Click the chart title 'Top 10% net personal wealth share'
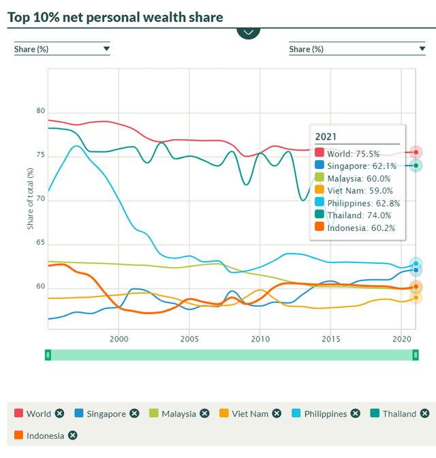[x=115, y=16]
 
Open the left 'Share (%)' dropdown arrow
[x=106, y=49]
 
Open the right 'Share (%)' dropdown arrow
[x=422, y=49]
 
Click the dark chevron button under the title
[x=249, y=31]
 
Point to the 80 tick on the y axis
[x=40, y=112]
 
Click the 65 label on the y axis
[x=40, y=243]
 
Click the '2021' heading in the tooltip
[x=326, y=136]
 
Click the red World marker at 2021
[x=416, y=153]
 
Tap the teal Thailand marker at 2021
[x=416, y=165]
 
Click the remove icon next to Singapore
[x=134, y=414]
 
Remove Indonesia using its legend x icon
[x=72, y=436]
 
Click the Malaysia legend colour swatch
[x=153, y=414]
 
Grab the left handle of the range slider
[x=48, y=354]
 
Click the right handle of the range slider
[x=415, y=354]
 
